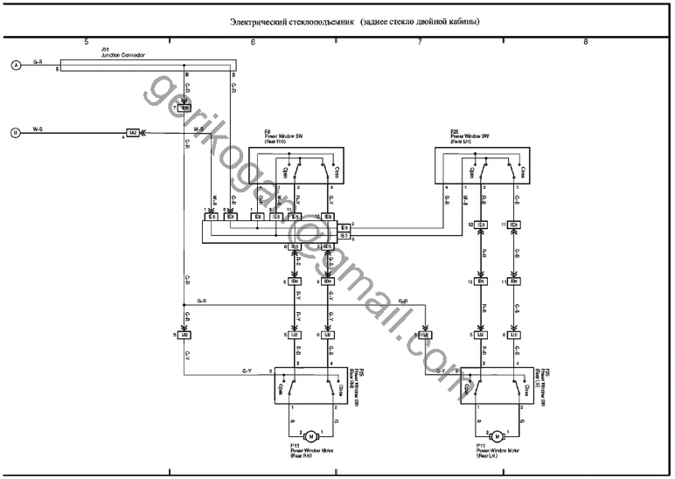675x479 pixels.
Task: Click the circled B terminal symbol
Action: [x=15, y=133]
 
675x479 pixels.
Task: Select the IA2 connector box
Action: [x=133, y=133]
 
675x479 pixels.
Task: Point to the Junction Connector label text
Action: [x=123, y=55]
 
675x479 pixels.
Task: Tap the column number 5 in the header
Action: [x=86, y=42]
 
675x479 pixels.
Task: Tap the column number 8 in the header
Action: [x=585, y=42]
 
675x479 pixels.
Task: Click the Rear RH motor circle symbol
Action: [x=310, y=434]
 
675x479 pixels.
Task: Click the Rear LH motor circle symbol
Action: [x=497, y=434]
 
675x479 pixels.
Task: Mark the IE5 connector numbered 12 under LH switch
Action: [x=480, y=226]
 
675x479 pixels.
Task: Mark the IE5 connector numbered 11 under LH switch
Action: [x=515, y=226]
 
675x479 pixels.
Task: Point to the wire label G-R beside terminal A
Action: [x=38, y=62]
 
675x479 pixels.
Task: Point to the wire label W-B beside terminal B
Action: [x=38, y=129]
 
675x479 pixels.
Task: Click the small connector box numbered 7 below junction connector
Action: [x=184, y=108]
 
